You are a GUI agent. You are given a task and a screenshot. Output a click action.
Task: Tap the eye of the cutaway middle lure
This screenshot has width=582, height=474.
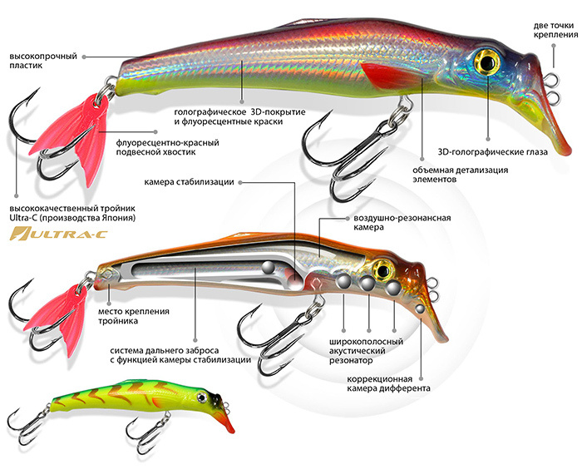click(x=383, y=268)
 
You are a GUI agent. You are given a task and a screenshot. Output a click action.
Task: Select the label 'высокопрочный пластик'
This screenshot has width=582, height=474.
click(x=43, y=62)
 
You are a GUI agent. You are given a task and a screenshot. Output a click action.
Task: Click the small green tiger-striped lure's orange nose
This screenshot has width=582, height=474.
click(x=224, y=421)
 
